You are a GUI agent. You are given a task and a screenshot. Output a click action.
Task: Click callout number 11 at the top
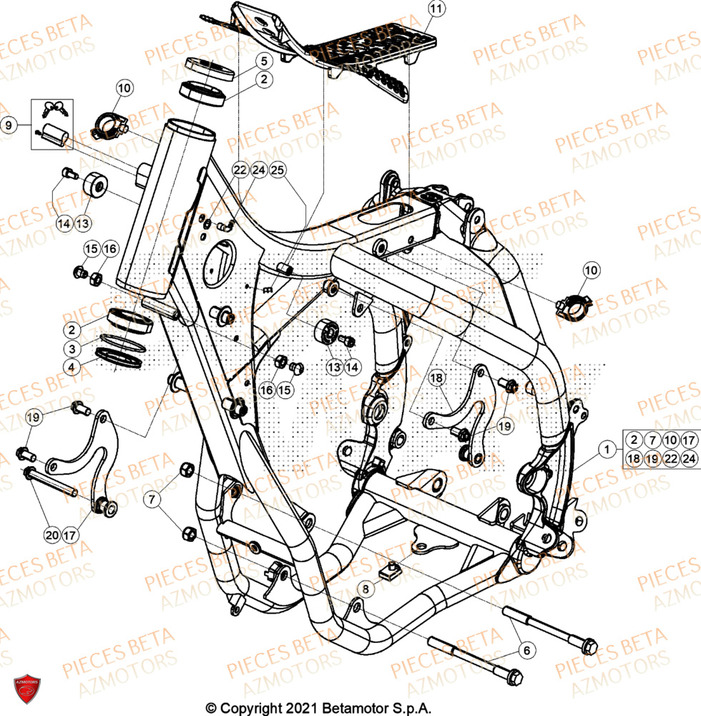[436, 9]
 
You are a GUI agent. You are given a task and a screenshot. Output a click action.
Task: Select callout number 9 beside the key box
[9, 125]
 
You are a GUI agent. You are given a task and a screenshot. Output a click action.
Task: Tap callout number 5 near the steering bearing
[263, 61]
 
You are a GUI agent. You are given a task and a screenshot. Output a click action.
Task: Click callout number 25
[278, 170]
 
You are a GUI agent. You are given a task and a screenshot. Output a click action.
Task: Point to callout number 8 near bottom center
[366, 589]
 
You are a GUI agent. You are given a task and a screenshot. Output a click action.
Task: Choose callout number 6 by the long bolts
[526, 650]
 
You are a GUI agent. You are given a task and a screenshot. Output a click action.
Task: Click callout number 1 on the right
[607, 449]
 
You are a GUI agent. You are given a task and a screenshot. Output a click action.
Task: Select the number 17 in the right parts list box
[688, 440]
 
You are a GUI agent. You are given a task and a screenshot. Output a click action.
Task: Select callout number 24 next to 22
[258, 170]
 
